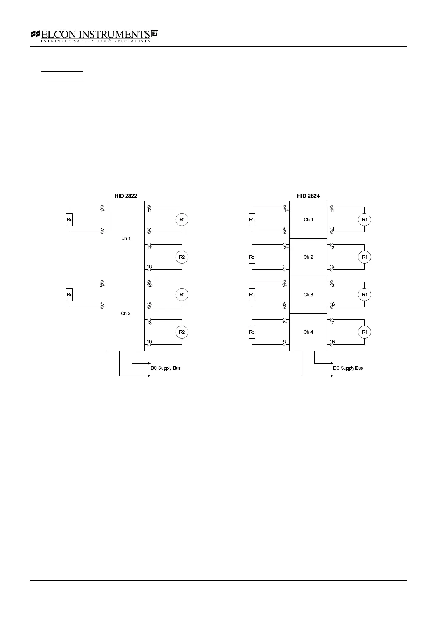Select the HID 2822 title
[x=126, y=196]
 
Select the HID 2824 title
[x=308, y=196]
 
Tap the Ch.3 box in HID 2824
[x=308, y=295]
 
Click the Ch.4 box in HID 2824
[x=308, y=332]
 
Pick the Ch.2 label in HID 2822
[x=126, y=314]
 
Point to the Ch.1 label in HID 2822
[x=126, y=239]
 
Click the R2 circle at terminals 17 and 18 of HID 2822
[x=182, y=257]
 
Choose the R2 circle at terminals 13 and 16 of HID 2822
[x=182, y=332]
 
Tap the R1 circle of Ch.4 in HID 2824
[x=364, y=332]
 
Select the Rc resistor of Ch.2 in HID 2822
[x=69, y=295]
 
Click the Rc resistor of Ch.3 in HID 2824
[x=252, y=295]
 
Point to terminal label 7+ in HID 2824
[x=285, y=323]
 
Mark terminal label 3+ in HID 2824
[x=285, y=285]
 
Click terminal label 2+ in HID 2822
[x=102, y=285]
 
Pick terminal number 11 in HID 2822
[x=149, y=211]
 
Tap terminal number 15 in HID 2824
[x=332, y=267]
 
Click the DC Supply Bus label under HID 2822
[x=165, y=368]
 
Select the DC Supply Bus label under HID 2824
[x=348, y=368]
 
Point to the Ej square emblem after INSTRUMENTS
[x=155, y=34]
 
